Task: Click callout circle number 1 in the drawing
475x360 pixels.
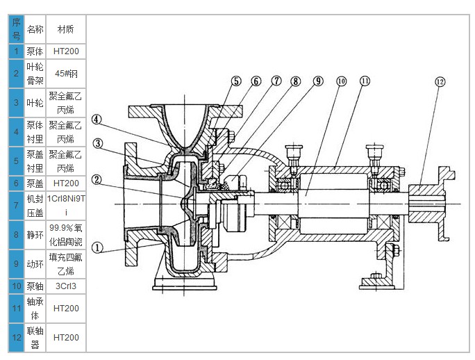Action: (97, 246)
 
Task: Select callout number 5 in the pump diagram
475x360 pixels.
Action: (236, 81)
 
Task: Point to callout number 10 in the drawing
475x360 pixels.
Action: (341, 81)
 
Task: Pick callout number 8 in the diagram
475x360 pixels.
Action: (297, 81)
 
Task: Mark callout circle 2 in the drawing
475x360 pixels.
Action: (97, 179)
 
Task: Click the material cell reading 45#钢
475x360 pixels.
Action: (66, 72)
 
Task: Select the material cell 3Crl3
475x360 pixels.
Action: (66, 286)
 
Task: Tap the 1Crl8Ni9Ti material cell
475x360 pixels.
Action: (66, 206)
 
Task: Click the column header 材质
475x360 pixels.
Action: (66, 30)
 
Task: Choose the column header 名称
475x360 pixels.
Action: (35, 30)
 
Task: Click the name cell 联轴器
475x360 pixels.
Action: (35, 338)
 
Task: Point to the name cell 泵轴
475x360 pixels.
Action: (35, 286)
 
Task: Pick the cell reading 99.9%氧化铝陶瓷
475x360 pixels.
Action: (66, 235)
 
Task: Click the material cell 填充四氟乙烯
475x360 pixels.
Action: (66, 264)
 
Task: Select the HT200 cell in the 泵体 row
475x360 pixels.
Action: (66, 51)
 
